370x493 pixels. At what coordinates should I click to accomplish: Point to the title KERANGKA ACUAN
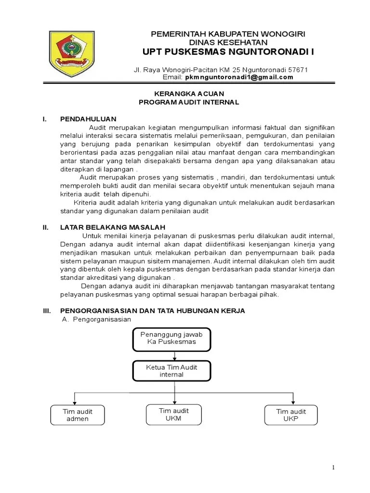tap(188, 93)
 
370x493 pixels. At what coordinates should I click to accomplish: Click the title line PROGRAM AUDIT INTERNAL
tap(188, 102)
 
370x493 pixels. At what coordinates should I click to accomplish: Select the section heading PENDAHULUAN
tap(88, 118)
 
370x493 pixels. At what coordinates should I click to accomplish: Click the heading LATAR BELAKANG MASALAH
tap(113, 226)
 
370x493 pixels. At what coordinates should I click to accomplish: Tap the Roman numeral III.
tap(47, 311)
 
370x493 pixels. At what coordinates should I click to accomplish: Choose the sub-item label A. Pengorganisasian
tap(100, 320)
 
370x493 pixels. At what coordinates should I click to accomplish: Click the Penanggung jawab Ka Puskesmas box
tap(172, 338)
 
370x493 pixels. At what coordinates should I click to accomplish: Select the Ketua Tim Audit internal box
tap(172, 371)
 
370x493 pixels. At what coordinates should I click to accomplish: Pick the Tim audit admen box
tap(78, 415)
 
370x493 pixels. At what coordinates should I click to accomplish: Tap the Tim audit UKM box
tap(174, 414)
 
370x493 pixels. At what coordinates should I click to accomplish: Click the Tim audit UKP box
tap(291, 415)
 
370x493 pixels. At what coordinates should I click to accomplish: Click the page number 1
tap(333, 468)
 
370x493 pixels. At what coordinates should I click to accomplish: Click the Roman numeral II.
tap(46, 226)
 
